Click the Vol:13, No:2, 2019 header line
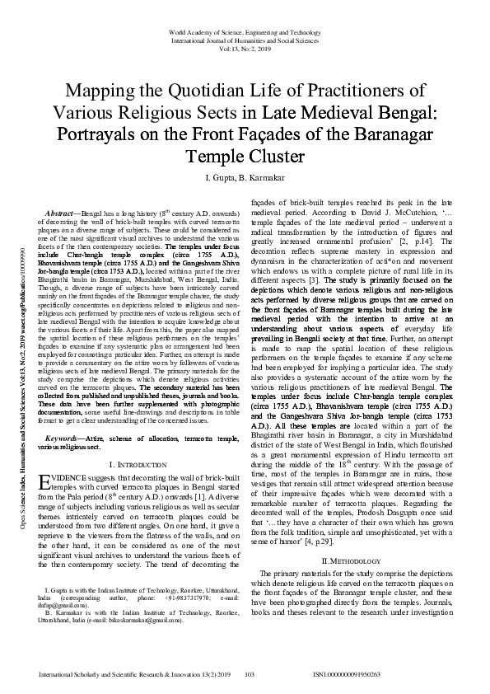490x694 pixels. coord(245,49)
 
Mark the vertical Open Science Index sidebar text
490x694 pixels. coord(22,346)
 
